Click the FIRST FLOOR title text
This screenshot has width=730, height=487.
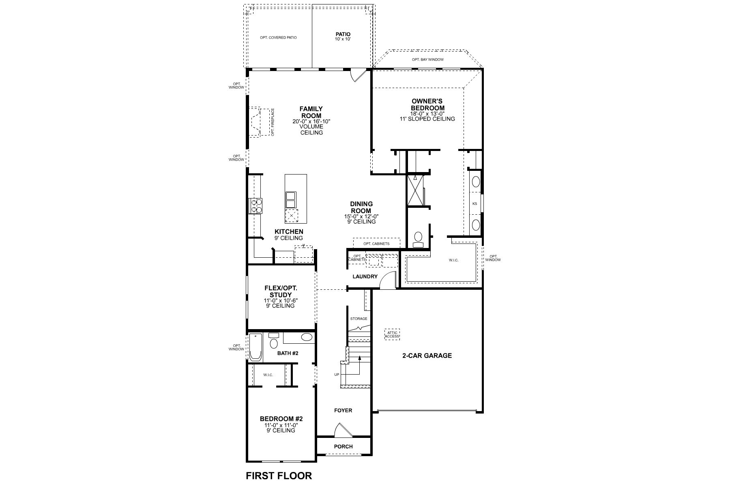(279, 476)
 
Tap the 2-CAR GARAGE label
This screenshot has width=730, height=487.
(427, 356)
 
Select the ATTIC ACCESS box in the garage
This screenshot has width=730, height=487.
(392, 334)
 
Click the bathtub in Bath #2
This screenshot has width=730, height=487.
(255, 347)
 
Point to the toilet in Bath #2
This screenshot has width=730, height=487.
(274, 341)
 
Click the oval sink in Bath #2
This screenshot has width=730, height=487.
(307, 337)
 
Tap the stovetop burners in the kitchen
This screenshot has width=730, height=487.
(256, 205)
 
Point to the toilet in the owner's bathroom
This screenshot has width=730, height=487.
(418, 239)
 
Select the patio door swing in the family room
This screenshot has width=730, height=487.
(358, 75)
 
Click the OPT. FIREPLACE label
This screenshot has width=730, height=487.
(273, 122)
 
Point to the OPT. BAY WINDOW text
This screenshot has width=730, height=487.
(427, 60)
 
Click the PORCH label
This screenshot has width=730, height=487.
(343, 446)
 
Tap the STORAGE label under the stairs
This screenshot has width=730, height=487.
(359, 319)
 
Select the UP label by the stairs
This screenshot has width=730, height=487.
(337, 375)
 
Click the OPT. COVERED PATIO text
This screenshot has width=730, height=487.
(278, 38)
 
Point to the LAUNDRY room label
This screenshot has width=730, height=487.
(365, 276)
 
